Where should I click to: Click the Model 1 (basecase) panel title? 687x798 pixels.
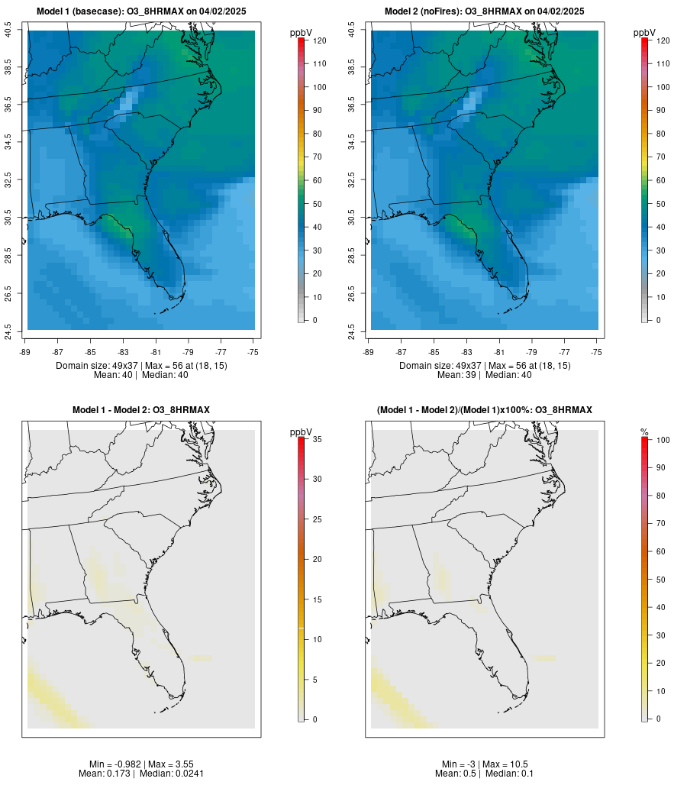point(141,11)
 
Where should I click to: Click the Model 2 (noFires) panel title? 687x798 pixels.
point(485,11)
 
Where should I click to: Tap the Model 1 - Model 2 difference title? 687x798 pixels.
point(141,410)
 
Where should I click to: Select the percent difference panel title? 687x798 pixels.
point(485,410)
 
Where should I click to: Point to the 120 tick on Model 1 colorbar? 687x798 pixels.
point(319,40)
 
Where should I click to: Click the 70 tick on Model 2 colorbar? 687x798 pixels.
point(663,157)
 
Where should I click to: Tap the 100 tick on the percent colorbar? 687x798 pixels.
point(663,440)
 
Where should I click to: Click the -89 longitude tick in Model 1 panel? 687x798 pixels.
point(27,352)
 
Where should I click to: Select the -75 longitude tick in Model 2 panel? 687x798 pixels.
point(597,352)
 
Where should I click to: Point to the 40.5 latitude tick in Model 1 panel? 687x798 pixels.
point(8,31)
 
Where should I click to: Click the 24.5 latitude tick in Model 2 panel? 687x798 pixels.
point(352,330)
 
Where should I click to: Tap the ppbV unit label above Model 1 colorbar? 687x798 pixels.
point(302,33)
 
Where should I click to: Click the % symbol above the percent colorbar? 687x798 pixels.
point(644,432)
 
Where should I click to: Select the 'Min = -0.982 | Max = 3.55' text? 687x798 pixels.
point(141,764)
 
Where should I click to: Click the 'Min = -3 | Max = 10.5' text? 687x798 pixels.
point(485,764)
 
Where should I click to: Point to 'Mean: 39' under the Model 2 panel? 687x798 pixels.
point(457,375)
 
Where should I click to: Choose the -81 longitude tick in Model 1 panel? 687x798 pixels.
point(156,352)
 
